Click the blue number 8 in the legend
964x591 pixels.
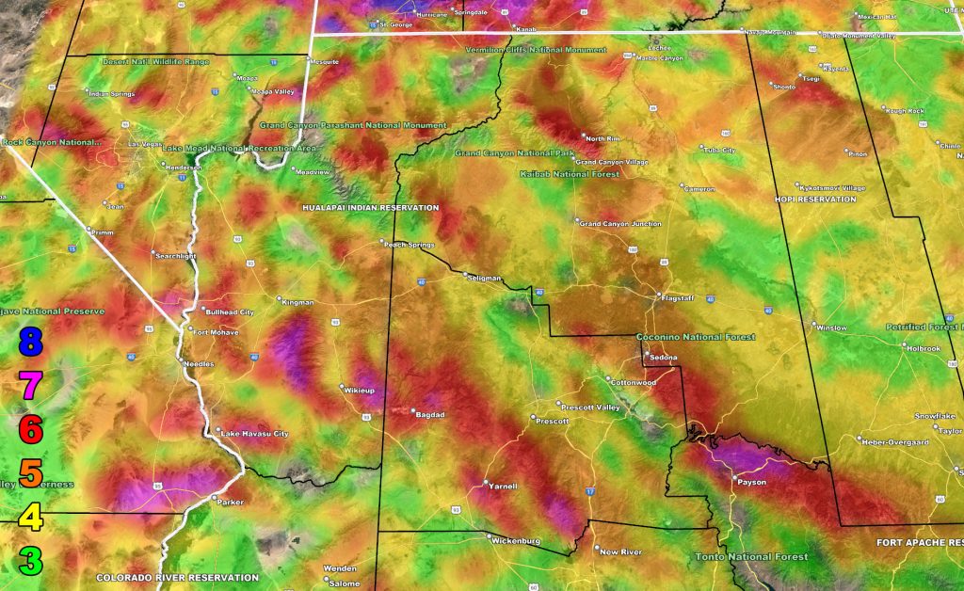[x=31, y=341]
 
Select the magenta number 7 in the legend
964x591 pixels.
[x=31, y=385]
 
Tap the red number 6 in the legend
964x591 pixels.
[x=31, y=429]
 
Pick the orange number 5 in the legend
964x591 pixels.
[x=31, y=473]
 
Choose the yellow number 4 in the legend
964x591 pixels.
[x=31, y=518]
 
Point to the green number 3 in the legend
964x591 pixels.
[x=31, y=562]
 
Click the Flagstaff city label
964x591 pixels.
[x=678, y=298]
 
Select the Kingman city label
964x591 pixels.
[x=298, y=302]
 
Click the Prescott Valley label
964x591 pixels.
[x=589, y=407]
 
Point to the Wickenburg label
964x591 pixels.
[x=516, y=541]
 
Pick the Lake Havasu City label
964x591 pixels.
[x=254, y=434]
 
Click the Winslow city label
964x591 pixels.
[x=831, y=328]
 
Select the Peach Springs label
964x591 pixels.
[x=410, y=244]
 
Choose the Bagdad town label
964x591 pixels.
[x=429, y=414]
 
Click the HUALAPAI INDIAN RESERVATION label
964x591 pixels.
[x=370, y=207]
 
